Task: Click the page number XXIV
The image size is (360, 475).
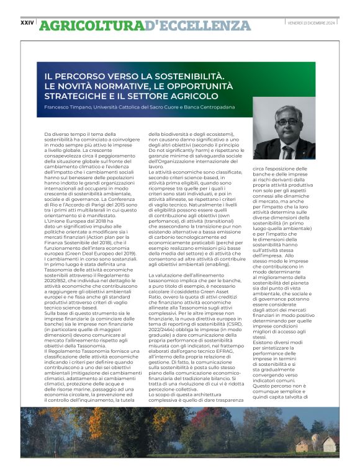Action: (x=27, y=22)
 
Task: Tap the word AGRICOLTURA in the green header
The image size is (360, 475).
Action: (x=91, y=25)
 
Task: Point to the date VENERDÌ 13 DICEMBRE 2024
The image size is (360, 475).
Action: (x=312, y=23)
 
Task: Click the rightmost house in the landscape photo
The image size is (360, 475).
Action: (x=329, y=444)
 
